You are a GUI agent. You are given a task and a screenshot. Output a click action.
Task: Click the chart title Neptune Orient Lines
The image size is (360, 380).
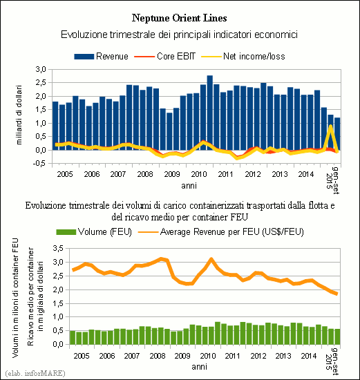coord(180,19)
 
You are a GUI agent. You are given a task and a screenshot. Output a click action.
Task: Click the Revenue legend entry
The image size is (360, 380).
coord(101,56)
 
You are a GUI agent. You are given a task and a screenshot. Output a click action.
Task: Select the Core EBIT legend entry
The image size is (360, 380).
coord(164,56)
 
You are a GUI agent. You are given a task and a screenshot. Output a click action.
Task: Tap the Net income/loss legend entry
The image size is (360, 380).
coord(243,56)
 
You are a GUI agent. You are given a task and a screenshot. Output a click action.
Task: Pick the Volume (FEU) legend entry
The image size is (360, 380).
coord(94,232)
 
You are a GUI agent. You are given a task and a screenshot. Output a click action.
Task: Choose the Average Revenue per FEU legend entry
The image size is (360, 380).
coord(221,232)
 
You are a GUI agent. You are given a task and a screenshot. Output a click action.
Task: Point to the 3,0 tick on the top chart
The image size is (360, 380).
coord(41,69)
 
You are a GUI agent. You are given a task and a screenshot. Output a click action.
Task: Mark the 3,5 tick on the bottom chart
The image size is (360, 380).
coord(58,248)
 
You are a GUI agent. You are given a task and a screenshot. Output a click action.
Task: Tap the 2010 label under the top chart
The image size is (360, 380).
coord(199,174)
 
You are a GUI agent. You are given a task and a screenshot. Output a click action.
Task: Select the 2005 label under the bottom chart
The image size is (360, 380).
coord(82,356)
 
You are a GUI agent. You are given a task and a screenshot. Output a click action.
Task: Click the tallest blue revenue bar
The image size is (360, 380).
coord(210,113)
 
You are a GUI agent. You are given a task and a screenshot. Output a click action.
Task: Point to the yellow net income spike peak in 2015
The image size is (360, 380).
coord(330,126)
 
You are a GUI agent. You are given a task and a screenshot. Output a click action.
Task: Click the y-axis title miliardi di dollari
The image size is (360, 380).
coord(19,115)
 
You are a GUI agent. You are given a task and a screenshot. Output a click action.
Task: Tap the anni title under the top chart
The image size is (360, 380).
coord(189,186)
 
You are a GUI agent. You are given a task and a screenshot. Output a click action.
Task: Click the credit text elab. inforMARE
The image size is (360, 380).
coord(35,373)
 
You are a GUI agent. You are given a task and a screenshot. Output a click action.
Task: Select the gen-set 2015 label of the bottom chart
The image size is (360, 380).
coord(332,361)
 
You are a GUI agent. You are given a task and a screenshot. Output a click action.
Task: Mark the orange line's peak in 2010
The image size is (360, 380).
coord(211,259)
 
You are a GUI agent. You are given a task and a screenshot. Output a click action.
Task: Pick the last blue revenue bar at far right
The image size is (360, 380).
coord(337,134)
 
